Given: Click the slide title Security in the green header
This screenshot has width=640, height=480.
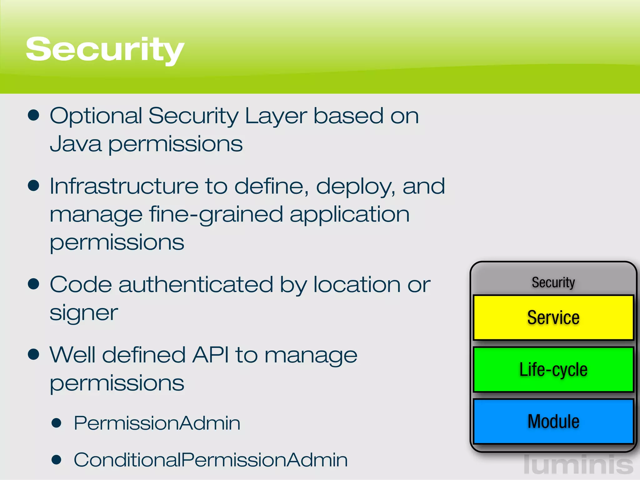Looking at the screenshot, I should [x=105, y=49].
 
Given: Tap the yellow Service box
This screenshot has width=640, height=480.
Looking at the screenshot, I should [x=553, y=317].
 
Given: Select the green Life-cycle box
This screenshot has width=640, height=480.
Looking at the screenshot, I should [x=553, y=369].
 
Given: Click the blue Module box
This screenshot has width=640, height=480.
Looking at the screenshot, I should [x=553, y=421].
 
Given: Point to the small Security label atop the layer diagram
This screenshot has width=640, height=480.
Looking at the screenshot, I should [x=553, y=282].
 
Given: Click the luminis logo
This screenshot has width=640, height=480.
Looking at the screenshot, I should [x=578, y=465].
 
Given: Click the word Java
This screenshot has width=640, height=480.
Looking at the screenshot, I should [x=76, y=144].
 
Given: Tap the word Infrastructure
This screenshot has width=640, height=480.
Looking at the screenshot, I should [x=124, y=186].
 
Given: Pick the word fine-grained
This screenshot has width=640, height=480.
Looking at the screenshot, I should [x=216, y=215].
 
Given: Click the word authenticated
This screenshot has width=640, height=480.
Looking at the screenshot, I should [x=196, y=285].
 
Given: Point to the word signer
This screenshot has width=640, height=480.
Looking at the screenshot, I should [x=84, y=313].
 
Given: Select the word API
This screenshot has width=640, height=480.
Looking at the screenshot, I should [x=210, y=355].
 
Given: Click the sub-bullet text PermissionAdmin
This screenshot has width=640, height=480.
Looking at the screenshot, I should [x=157, y=423].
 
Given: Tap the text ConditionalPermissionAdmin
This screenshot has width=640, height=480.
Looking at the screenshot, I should [x=211, y=460].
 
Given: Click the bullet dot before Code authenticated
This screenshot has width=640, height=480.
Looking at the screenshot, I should [x=33, y=284].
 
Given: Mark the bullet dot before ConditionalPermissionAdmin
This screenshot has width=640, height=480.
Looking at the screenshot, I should [x=56, y=460].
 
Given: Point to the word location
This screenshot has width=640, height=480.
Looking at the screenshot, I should [x=357, y=285].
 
